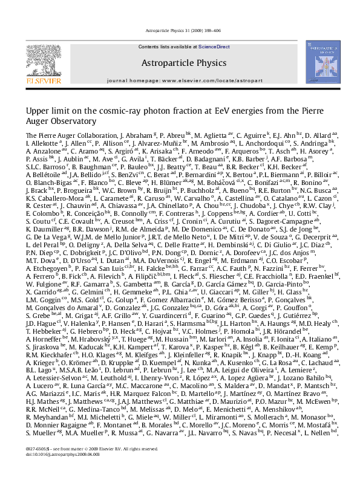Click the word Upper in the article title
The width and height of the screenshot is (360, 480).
[36, 111]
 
